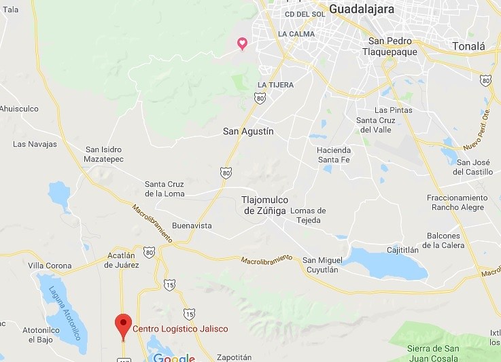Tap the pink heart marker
click(x=241, y=44)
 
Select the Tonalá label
click(x=468, y=46)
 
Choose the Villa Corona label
click(x=49, y=265)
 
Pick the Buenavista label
click(x=192, y=225)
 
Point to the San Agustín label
click(x=248, y=131)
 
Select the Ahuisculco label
click(x=19, y=109)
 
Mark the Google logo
click(x=174, y=357)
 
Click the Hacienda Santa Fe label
click(x=334, y=155)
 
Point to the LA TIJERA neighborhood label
click(x=275, y=85)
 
